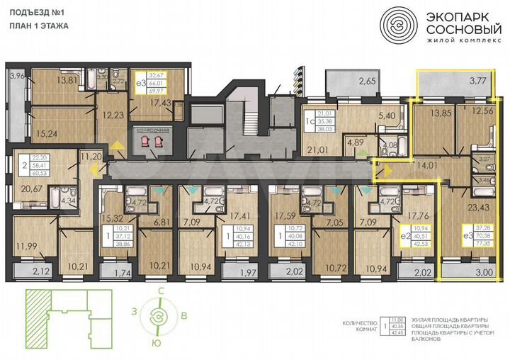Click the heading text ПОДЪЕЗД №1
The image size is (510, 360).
pyautogui.click(x=35, y=11)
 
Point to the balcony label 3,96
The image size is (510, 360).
pyautogui.click(x=16, y=75)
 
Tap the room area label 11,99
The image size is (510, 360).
pyautogui.click(x=28, y=246)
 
